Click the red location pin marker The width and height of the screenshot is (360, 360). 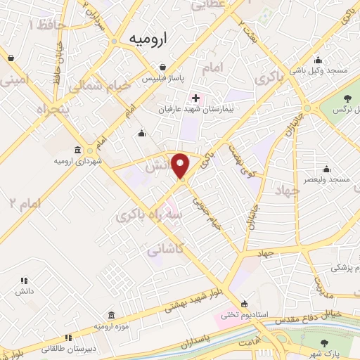[181, 166]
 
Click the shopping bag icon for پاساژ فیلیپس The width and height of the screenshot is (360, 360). [162, 67]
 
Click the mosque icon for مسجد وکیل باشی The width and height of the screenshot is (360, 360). [319, 59]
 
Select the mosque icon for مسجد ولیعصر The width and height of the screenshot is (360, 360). [326, 169]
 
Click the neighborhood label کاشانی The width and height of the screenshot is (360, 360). [165, 248]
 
